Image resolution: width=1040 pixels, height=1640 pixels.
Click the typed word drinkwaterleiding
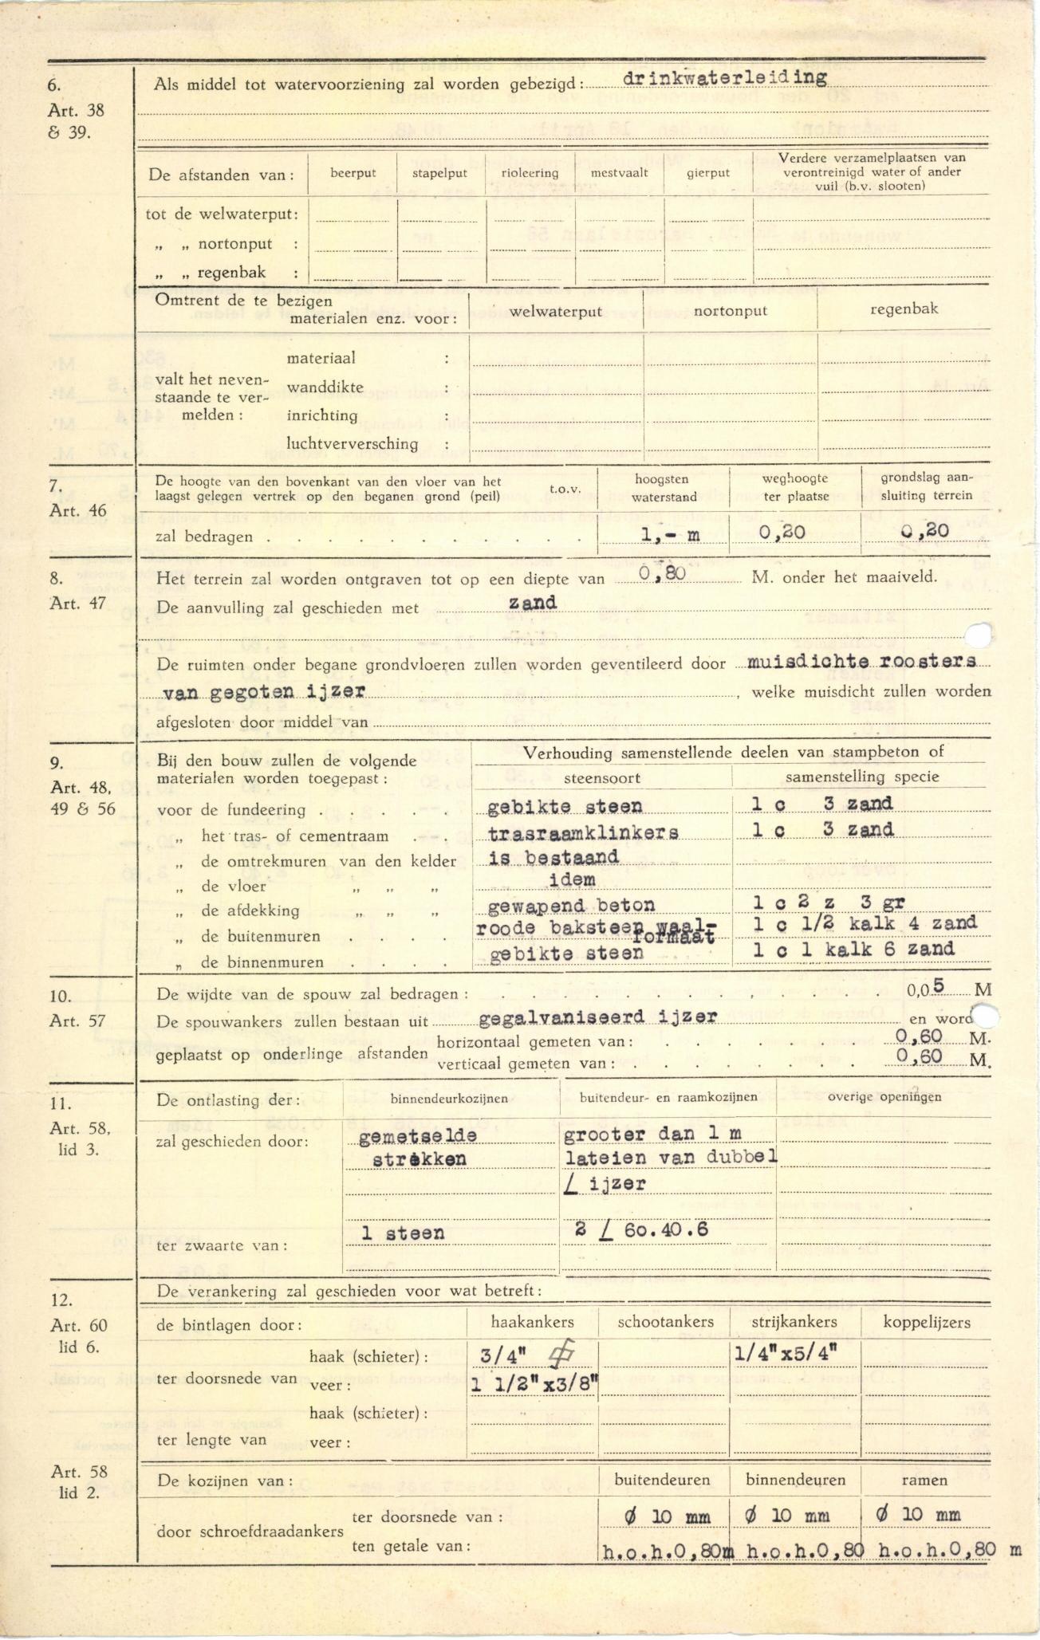tap(724, 78)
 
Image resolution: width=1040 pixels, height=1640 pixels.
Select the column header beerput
tap(353, 173)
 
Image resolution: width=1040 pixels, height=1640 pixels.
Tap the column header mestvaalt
tap(619, 172)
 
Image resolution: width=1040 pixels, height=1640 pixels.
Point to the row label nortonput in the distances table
tap(234, 244)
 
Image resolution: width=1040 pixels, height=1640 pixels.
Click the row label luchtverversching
tap(352, 444)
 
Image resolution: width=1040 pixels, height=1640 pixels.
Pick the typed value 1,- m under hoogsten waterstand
tap(670, 534)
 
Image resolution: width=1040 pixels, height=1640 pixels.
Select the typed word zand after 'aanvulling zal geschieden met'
tap(532, 603)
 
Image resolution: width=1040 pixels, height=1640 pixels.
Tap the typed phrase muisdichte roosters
tap(861, 661)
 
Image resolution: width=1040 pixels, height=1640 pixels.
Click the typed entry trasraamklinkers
tap(583, 832)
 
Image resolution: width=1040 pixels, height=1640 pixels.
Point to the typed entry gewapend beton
tap(570, 906)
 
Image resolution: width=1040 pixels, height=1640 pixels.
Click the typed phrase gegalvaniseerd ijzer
tap(598, 1017)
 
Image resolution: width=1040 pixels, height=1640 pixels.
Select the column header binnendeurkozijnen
tap(449, 1098)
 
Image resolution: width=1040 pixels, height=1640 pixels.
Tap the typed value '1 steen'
tap(403, 1233)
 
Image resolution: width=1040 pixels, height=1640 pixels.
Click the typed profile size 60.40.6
tap(666, 1229)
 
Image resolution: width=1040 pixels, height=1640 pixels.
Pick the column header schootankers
tap(664, 1322)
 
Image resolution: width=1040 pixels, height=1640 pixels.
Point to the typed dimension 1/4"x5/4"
tap(785, 1353)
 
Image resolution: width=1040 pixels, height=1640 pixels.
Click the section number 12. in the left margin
tap(61, 1300)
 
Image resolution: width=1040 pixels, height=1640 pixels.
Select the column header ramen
tap(924, 1480)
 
